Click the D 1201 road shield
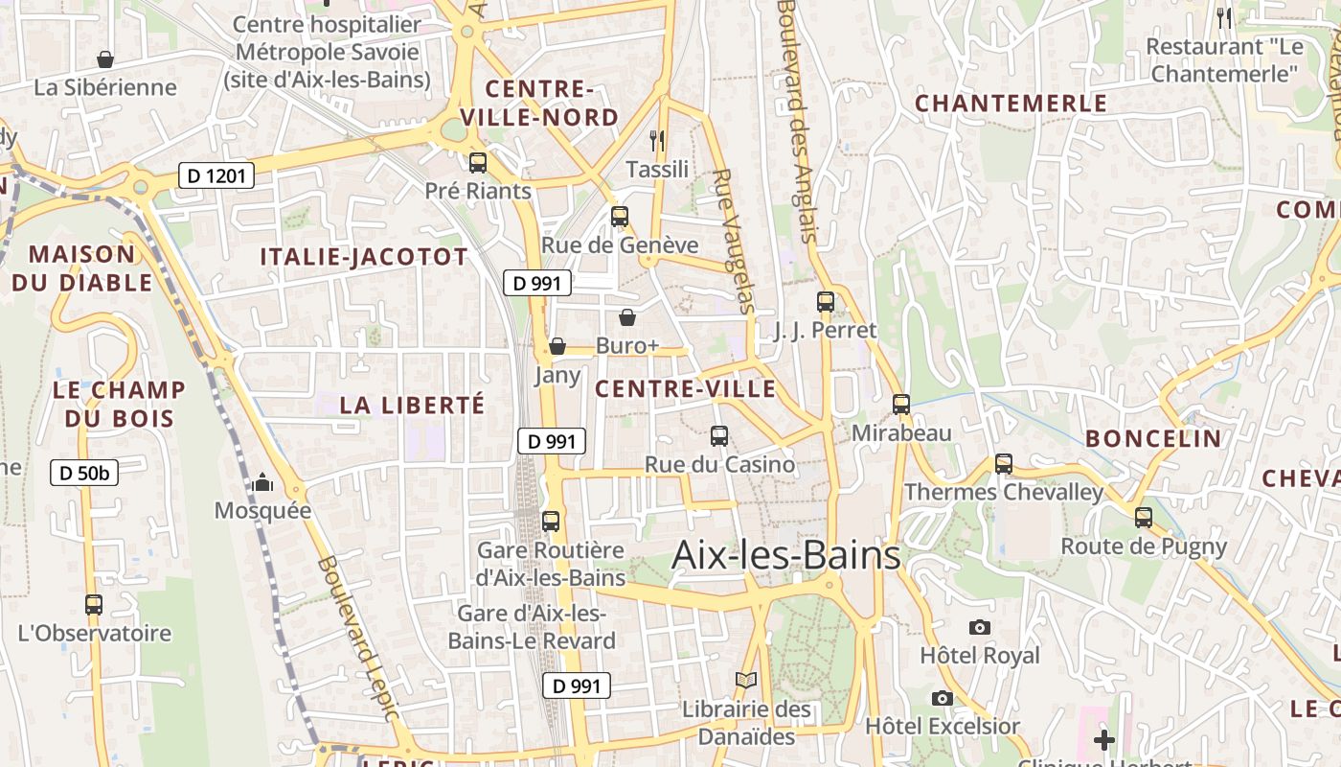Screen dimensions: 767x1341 pos(216,175)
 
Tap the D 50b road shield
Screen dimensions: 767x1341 pos(83,473)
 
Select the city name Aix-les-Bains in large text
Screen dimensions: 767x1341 pos(785,555)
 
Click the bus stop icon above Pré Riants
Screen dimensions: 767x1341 pos(478,163)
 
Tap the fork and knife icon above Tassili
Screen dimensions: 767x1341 pos(657,141)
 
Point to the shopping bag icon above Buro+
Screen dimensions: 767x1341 pos(627,317)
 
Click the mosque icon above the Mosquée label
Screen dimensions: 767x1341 pos(262,482)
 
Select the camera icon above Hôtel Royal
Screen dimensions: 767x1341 pos(979,628)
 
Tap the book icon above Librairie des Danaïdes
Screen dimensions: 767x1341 pos(746,681)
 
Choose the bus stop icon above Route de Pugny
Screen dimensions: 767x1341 pos(1144,518)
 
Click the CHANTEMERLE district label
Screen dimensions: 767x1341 pos(1011,104)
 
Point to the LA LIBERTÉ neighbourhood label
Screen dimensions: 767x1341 pos(412,406)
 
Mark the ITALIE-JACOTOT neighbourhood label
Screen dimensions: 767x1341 pos(364,257)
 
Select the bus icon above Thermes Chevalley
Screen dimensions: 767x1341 pos(1003,464)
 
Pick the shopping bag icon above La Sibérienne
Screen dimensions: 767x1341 pos(105,60)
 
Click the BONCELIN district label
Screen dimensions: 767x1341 pos(1153,439)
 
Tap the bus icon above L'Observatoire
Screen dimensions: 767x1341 pos(94,605)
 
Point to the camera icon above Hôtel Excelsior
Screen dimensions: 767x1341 pos(943,698)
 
